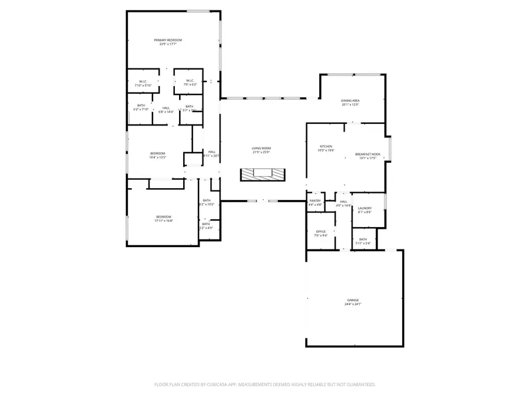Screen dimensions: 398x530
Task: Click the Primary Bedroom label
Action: [171, 40]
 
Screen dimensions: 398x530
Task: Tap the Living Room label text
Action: [261, 149]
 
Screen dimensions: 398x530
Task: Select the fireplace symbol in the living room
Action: [262, 174]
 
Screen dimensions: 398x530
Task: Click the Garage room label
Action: [353, 300]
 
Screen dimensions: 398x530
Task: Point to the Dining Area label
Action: [350, 101]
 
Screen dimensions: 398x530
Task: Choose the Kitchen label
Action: [326, 146]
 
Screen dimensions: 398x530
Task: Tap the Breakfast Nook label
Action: [367, 154]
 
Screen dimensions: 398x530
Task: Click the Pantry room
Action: [315, 201]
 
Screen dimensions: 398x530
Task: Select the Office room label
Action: [320, 232]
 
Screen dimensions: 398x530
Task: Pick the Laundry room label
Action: [365, 208]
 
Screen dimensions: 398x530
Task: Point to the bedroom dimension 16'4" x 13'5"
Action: [158, 157]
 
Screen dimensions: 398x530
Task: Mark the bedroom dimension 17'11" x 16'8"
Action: [163, 221]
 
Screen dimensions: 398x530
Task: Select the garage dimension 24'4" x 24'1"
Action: [353, 304]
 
